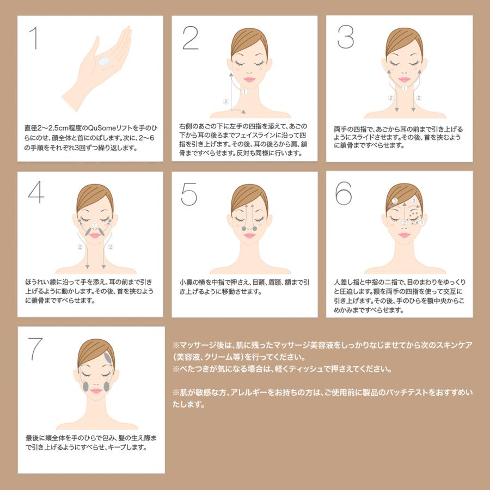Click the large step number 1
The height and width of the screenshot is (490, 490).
click(34, 38)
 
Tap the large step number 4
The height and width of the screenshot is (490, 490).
click(36, 192)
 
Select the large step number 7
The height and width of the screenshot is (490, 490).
click(35, 349)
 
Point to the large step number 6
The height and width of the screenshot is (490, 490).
click(344, 193)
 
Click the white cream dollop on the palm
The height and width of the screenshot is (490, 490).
click(103, 61)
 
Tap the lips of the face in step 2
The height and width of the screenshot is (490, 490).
click(249, 79)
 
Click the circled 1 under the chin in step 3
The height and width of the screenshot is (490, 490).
click(405, 88)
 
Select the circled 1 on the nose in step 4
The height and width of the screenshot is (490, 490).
click(95, 225)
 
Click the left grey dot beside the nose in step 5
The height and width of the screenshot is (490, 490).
click(244, 229)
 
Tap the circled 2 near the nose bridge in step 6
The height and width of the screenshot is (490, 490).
click(405, 223)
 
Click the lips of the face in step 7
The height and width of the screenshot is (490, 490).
click(96, 390)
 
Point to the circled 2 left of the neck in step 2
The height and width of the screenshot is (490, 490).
click(226, 101)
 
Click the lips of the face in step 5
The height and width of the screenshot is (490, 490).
click(249, 235)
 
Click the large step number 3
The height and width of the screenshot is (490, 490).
click(346, 37)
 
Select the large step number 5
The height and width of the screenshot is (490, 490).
click(189, 194)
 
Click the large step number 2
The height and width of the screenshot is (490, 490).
click(191, 38)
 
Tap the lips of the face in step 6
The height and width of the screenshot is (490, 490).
click(404, 235)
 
